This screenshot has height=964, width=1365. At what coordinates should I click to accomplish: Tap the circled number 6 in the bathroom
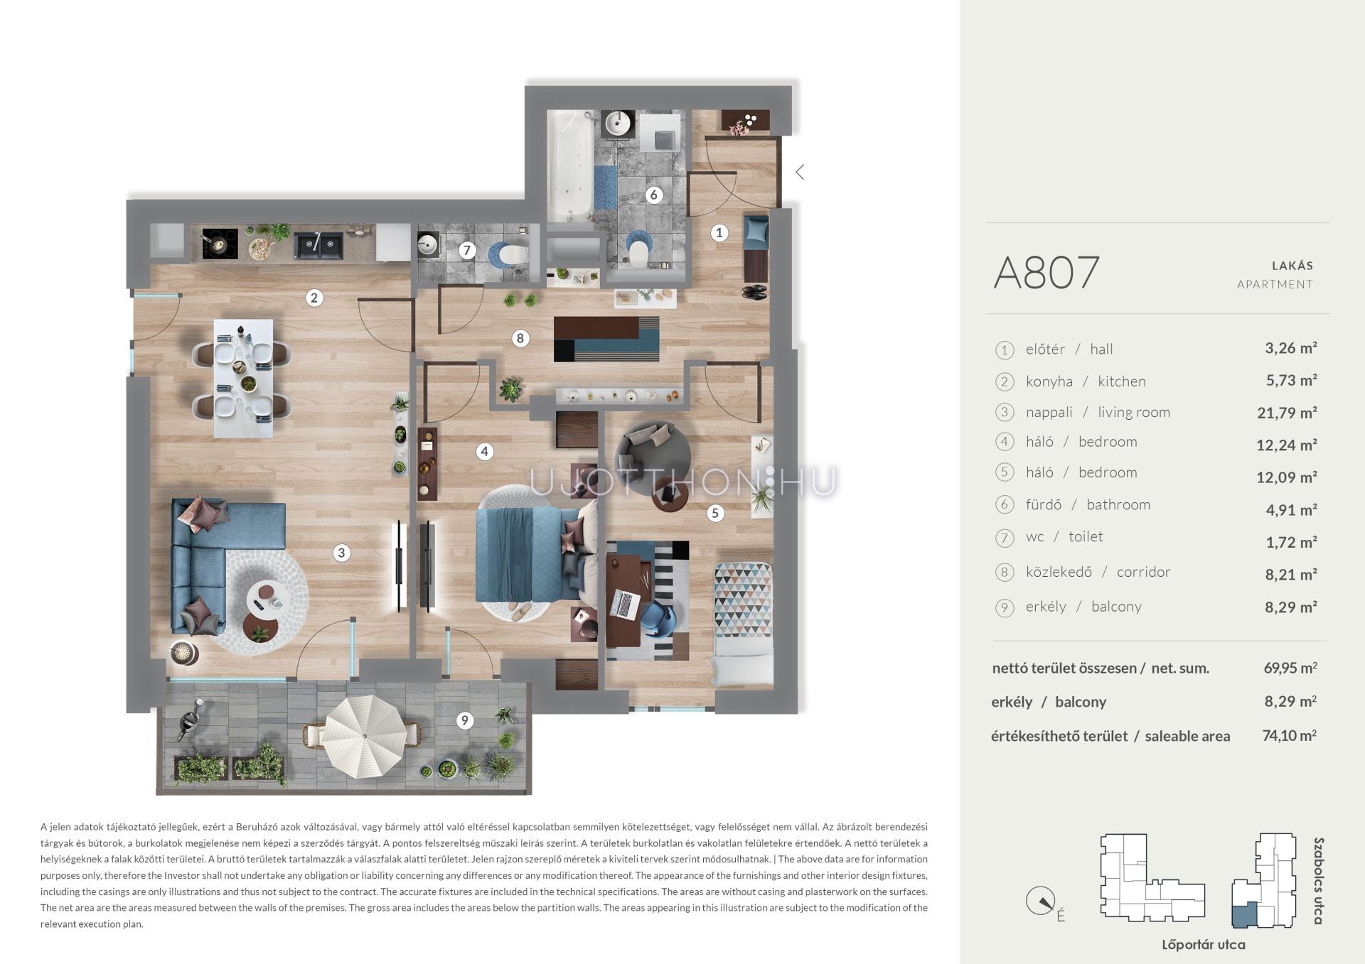[653, 195]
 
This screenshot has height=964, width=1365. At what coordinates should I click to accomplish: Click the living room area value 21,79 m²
[1286, 413]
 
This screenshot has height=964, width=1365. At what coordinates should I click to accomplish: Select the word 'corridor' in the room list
[1143, 572]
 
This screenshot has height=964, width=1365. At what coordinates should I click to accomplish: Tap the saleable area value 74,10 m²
[1289, 735]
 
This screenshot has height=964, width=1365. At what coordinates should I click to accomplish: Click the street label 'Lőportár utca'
[1203, 945]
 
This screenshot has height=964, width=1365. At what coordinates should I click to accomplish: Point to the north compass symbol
[1040, 902]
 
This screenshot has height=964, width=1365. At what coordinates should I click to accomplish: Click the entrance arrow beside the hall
[800, 172]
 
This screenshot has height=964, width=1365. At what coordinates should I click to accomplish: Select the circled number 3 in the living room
[341, 553]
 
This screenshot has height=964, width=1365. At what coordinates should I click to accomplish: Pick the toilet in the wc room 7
[509, 254]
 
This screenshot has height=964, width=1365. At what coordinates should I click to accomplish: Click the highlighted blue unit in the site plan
[1244, 916]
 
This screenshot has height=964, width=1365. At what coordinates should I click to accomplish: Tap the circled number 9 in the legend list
[1005, 608]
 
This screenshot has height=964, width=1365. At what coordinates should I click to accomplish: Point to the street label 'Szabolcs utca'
[1319, 881]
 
